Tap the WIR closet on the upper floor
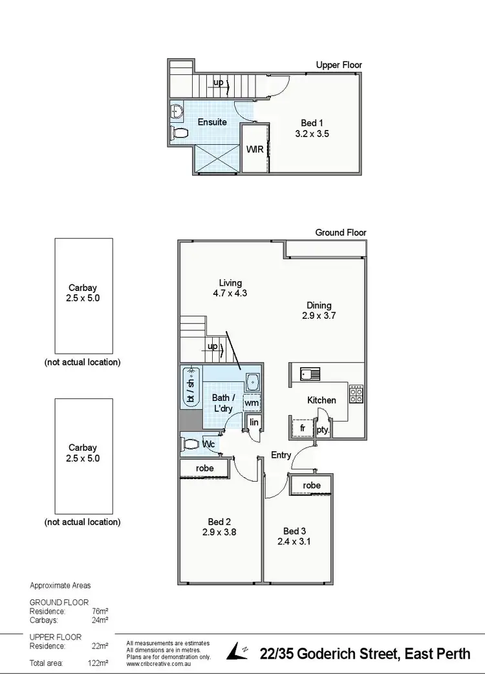(254, 149)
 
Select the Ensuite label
(212, 122)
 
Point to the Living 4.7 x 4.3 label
(230, 288)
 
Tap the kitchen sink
(308, 373)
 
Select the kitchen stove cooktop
(356, 394)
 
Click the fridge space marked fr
(302, 428)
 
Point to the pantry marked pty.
(323, 429)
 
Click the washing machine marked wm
(252, 403)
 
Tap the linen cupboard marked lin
(254, 422)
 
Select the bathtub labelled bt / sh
(191, 386)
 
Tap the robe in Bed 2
(204, 468)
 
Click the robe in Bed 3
(311, 485)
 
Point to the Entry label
(281, 455)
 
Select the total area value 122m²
(98, 663)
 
